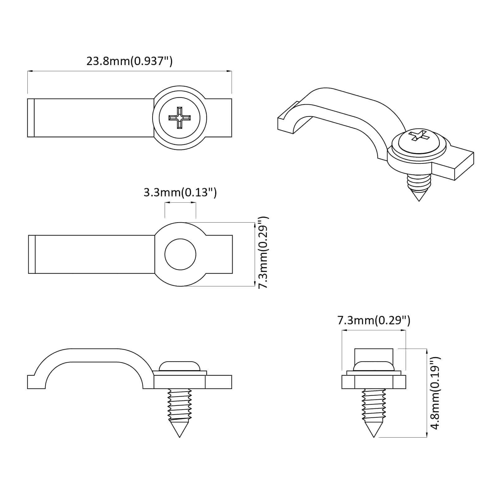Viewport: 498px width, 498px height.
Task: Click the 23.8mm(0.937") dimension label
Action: (129, 61)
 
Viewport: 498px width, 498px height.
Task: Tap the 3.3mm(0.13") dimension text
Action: (180, 192)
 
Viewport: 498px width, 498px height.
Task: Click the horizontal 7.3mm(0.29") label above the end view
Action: (374, 320)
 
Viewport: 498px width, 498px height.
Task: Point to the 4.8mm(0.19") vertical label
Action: (435, 393)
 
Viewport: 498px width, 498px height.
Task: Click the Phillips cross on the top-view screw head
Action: (179, 118)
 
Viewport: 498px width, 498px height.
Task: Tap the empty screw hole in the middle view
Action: (180, 254)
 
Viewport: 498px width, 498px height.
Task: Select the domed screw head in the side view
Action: (179, 366)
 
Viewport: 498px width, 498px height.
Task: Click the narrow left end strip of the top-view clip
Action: (31, 118)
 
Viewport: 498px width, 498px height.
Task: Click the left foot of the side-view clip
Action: (36, 382)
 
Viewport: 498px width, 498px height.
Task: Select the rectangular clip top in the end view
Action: (374, 355)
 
